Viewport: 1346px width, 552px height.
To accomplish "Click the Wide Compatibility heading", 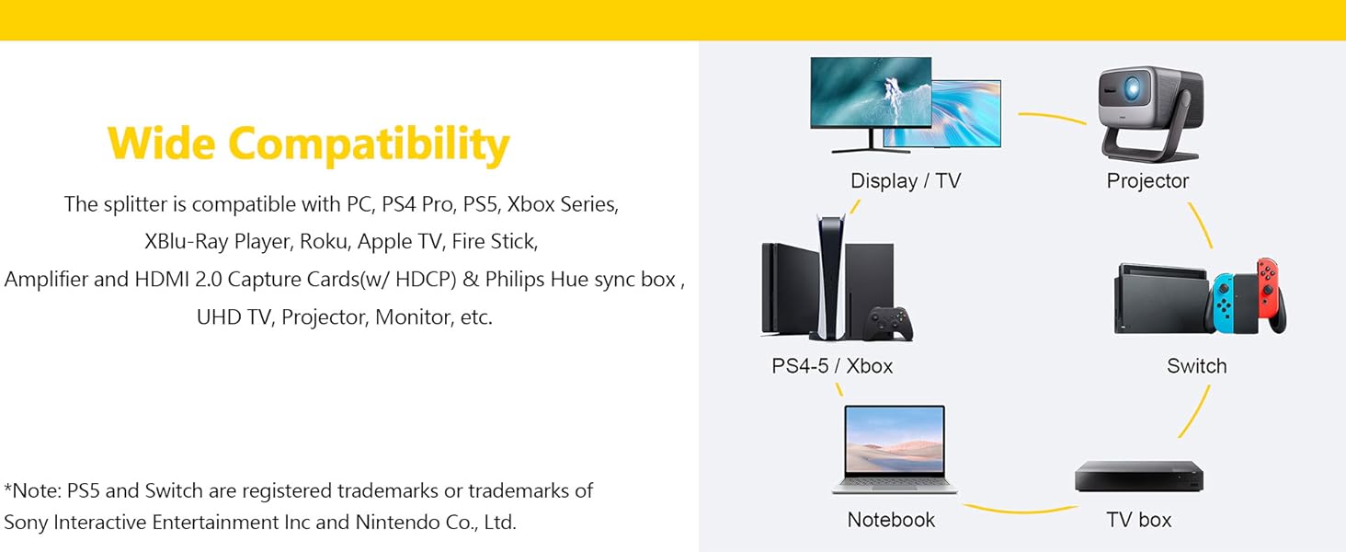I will pos(308,144).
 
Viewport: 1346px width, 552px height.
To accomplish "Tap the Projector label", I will pos(1147,181).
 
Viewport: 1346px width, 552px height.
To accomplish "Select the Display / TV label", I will pos(906,181).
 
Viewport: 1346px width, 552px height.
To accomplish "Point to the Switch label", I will pos(1196,366).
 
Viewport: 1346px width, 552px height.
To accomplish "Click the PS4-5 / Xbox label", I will pos(832,366).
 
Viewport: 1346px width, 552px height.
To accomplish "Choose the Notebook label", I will pos(891,520).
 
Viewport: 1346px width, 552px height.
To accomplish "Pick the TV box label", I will pos(1139,520).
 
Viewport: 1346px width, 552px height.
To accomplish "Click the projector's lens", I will pos(1133,88).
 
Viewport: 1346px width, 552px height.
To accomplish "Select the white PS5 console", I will pos(830,276).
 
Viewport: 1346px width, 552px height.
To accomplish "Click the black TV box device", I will pos(1139,477).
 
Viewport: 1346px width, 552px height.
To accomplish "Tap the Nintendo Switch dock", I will pos(1160,298).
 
